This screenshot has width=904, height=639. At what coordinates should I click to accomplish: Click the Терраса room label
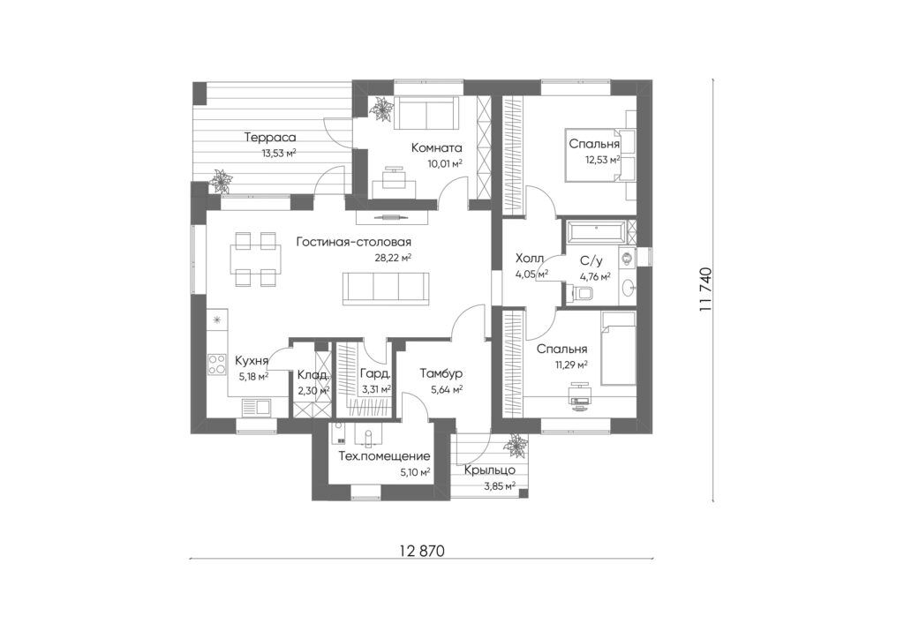pyautogui.click(x=270, y=138)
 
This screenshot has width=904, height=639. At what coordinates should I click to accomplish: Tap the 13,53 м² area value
pyautogui.click(x=279, y=153)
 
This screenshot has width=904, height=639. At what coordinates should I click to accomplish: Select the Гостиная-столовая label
pyautogui.click(x=353, y=242)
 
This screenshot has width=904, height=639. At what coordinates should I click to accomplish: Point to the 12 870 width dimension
pyautogui.click(x=422, y=551)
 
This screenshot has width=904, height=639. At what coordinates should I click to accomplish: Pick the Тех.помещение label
pyautogui.click(x=384, y=457)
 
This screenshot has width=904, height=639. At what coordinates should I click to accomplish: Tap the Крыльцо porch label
pyautogui.click(x=490, y=470)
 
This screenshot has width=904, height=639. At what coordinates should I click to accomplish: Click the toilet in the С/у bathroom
pyautogui.click(x=583, y=293)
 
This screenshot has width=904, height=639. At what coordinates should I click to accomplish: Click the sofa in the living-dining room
pyautogui.click(x=386, y=288)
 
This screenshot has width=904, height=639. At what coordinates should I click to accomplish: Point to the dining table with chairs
pyautogui.click(x=256, y=259)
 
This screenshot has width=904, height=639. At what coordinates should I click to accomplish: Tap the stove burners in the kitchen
pyautogui.click(x=217, y=365)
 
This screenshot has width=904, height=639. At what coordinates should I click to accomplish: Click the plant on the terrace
pyautogui.click(x=220, y=181)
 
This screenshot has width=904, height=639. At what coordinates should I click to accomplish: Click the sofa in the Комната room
pyautogui.click(x=426, y=113)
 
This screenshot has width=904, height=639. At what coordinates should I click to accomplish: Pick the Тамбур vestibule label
pyautogui.click(x=441, y=374)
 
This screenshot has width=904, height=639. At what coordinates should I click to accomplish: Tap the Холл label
pyautogui.click(x=530, y=258)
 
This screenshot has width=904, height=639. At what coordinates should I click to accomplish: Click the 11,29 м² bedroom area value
pyautogui.click(x=571, y=365)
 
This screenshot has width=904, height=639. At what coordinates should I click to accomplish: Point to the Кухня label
pyautogui.click(x=252, y=361)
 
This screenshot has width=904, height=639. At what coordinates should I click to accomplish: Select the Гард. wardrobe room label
pyautogui.click(x=375, y=374)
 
